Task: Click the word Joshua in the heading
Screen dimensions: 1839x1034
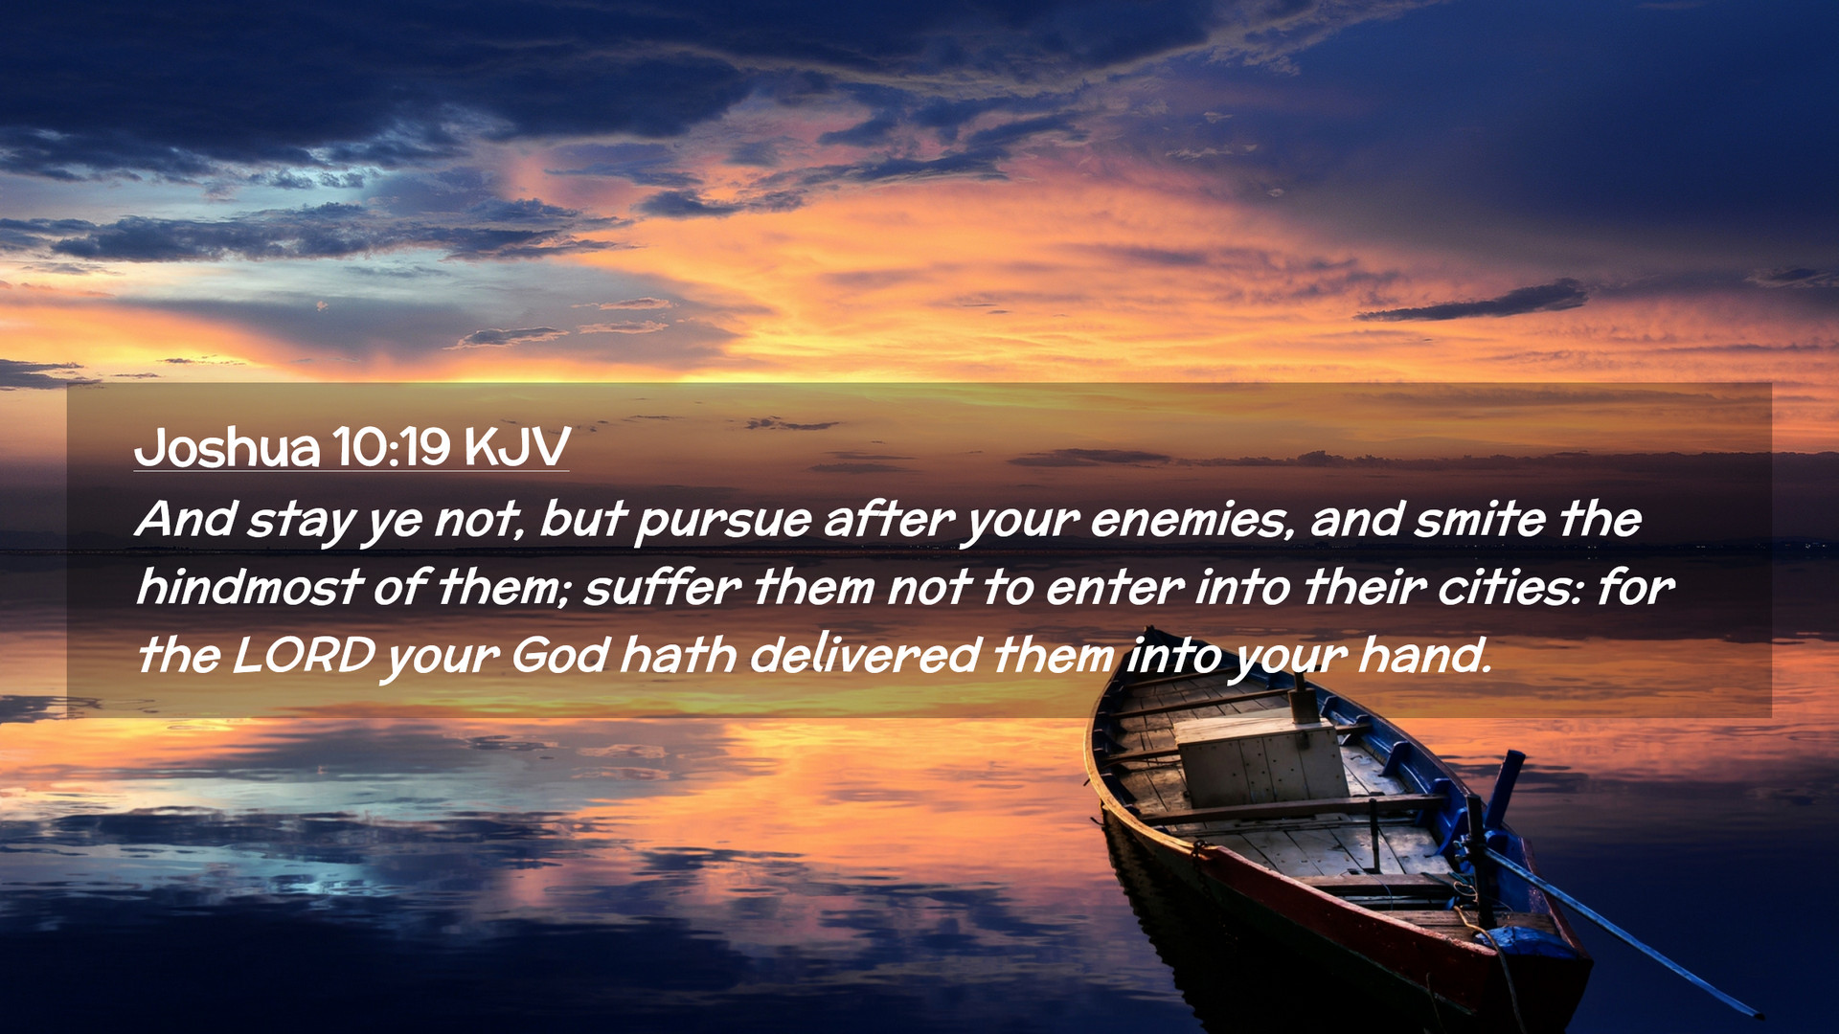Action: coord(227,447)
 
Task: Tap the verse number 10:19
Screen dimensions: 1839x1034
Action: coord(392,446)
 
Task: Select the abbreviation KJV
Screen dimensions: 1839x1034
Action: coord(517,446)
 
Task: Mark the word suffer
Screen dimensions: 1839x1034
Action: coord(662,586)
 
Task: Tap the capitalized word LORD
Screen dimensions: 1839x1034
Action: coord(304,656)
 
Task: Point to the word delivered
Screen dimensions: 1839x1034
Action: coord(865,656)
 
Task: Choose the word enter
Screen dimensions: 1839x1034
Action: coord(1114,588)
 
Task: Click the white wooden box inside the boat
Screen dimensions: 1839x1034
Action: coord(1260,761)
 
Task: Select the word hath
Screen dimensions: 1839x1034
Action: coord(678,656)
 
